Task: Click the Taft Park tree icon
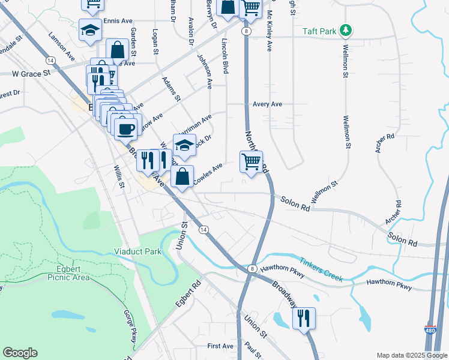[x=345, y=30]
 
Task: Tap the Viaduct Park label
[x=138, y=252]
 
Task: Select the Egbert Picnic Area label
[x=65, y=273]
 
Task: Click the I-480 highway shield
[x=430, y=330]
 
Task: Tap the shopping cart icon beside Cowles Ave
[x=251, y=161]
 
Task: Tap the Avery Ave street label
[x=267, y=104]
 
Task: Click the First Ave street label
[x=220, y=346]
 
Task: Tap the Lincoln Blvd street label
[x=226, y=57]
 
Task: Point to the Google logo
[x=20, y=353]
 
